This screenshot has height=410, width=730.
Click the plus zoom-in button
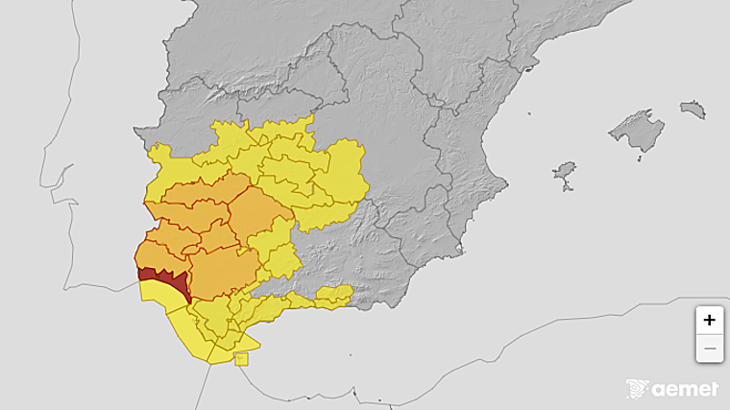coord(709,320)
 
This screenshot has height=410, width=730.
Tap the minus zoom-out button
coord(709,348)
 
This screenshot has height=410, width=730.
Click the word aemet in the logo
coord(685,389)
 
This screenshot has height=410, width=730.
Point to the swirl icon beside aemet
coord(637,389)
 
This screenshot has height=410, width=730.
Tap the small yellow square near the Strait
coord(241,359)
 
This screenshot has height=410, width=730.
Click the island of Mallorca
coord(637,131)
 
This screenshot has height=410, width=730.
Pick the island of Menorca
coord(693,109)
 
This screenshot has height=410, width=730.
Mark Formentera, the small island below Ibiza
coord(566,188)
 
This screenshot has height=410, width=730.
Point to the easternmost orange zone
coord(257,216)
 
